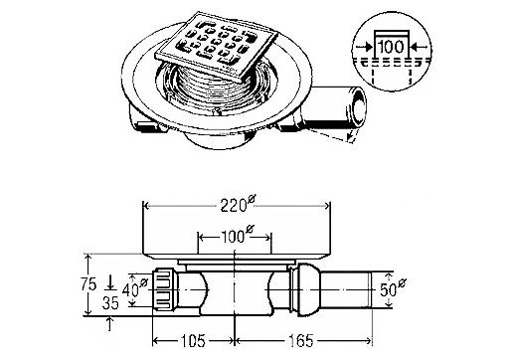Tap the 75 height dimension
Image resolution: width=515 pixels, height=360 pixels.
[x=88, y=285]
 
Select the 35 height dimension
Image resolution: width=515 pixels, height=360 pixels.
[x=110, y=303]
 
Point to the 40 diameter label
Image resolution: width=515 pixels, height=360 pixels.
[x=134, y=289]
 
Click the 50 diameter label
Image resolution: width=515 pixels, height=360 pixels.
[x=393, y=289]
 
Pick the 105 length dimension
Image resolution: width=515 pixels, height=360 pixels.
[x=193, y=341]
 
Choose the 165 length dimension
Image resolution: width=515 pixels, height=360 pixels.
[x=301, y=341]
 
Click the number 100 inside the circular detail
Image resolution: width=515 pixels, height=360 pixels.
[x=391, y=47]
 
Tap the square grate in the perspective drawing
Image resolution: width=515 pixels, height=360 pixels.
[x=216, y=47]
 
